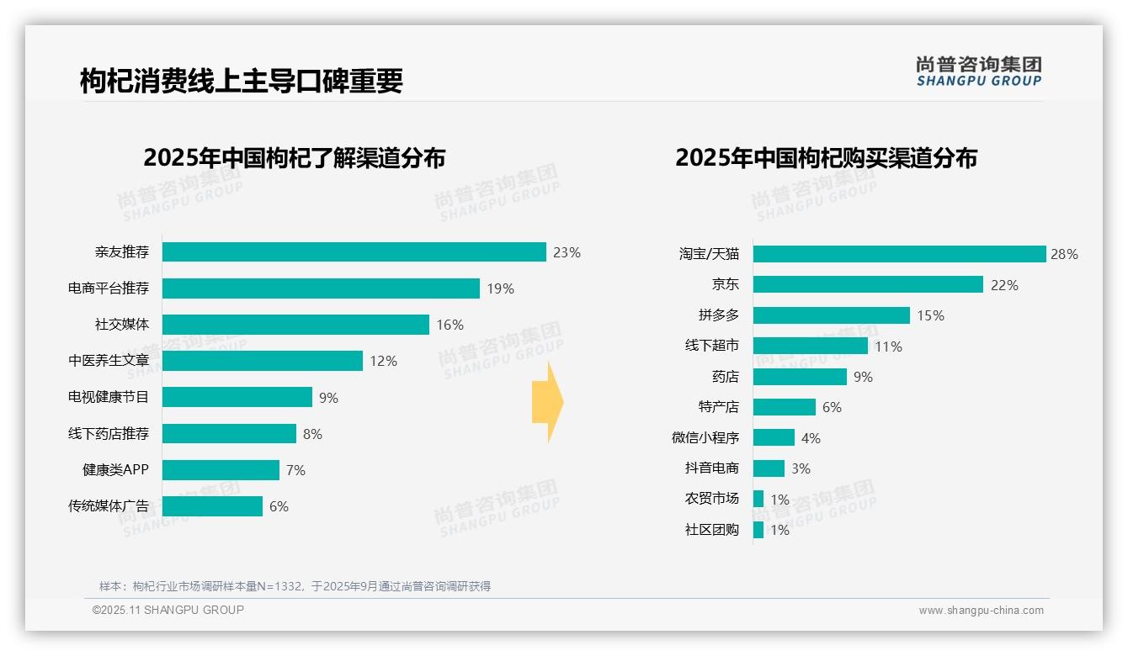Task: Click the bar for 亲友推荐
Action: pos(354,252)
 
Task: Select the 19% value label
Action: pos(500,288)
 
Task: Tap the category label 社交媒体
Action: pos(121,325)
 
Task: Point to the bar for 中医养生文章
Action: pos(262,361)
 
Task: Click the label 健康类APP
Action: pos(115,470)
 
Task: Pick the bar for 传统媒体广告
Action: pos(212,506)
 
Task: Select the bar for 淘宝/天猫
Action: pos(899,254)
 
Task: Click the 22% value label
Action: pos(1004,285)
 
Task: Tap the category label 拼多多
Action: pos(718,315)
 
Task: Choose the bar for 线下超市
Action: pos(810,346)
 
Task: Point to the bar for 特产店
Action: pos(784,407)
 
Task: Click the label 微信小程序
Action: pos(705,438)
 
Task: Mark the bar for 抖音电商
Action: pos(769,468)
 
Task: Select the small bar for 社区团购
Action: pos(758,530)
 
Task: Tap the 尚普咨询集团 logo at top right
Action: pos(978,71)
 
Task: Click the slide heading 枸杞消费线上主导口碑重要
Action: pos(242,81)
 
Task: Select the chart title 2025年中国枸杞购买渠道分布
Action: pos(826,158)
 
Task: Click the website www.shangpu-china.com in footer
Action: pos(981,611)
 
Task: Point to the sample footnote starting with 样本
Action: pos(295,586)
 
